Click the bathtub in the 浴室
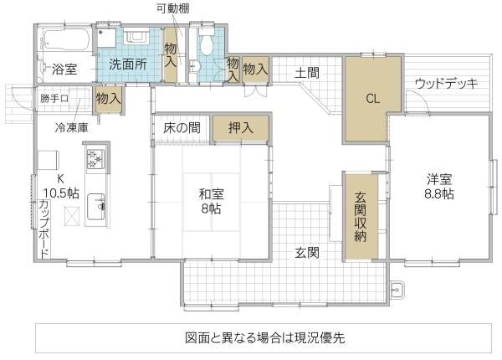66,40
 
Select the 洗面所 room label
128,64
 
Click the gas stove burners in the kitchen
95,159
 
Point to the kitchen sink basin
95,207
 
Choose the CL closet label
373,99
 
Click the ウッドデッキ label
446,83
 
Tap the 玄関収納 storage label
361,217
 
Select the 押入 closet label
241,128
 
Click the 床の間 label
182,128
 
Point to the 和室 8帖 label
211,201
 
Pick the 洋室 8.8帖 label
439,187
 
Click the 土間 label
307,73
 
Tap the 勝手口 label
54,98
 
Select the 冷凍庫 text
71,127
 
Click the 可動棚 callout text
172,8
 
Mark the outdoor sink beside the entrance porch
397,291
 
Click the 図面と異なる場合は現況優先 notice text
265,337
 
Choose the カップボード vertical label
44,228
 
